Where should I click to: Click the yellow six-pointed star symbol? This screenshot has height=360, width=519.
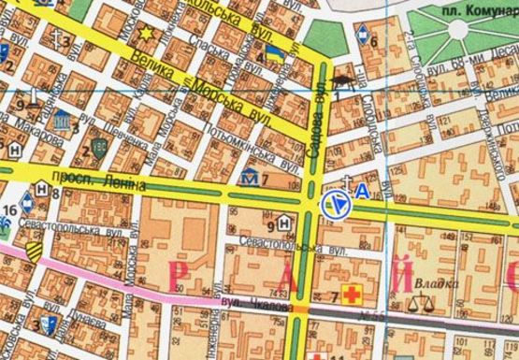[x=146, y=35]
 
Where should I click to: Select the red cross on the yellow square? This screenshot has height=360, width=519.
[x=353, y=296]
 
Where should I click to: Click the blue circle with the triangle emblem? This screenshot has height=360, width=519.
[x=334, y=203]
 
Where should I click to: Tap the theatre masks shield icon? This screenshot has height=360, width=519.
[x=62, y=120]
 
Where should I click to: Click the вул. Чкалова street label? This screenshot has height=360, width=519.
[x=245, y=303]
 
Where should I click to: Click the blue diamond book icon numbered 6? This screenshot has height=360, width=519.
[x=362, y=37]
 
